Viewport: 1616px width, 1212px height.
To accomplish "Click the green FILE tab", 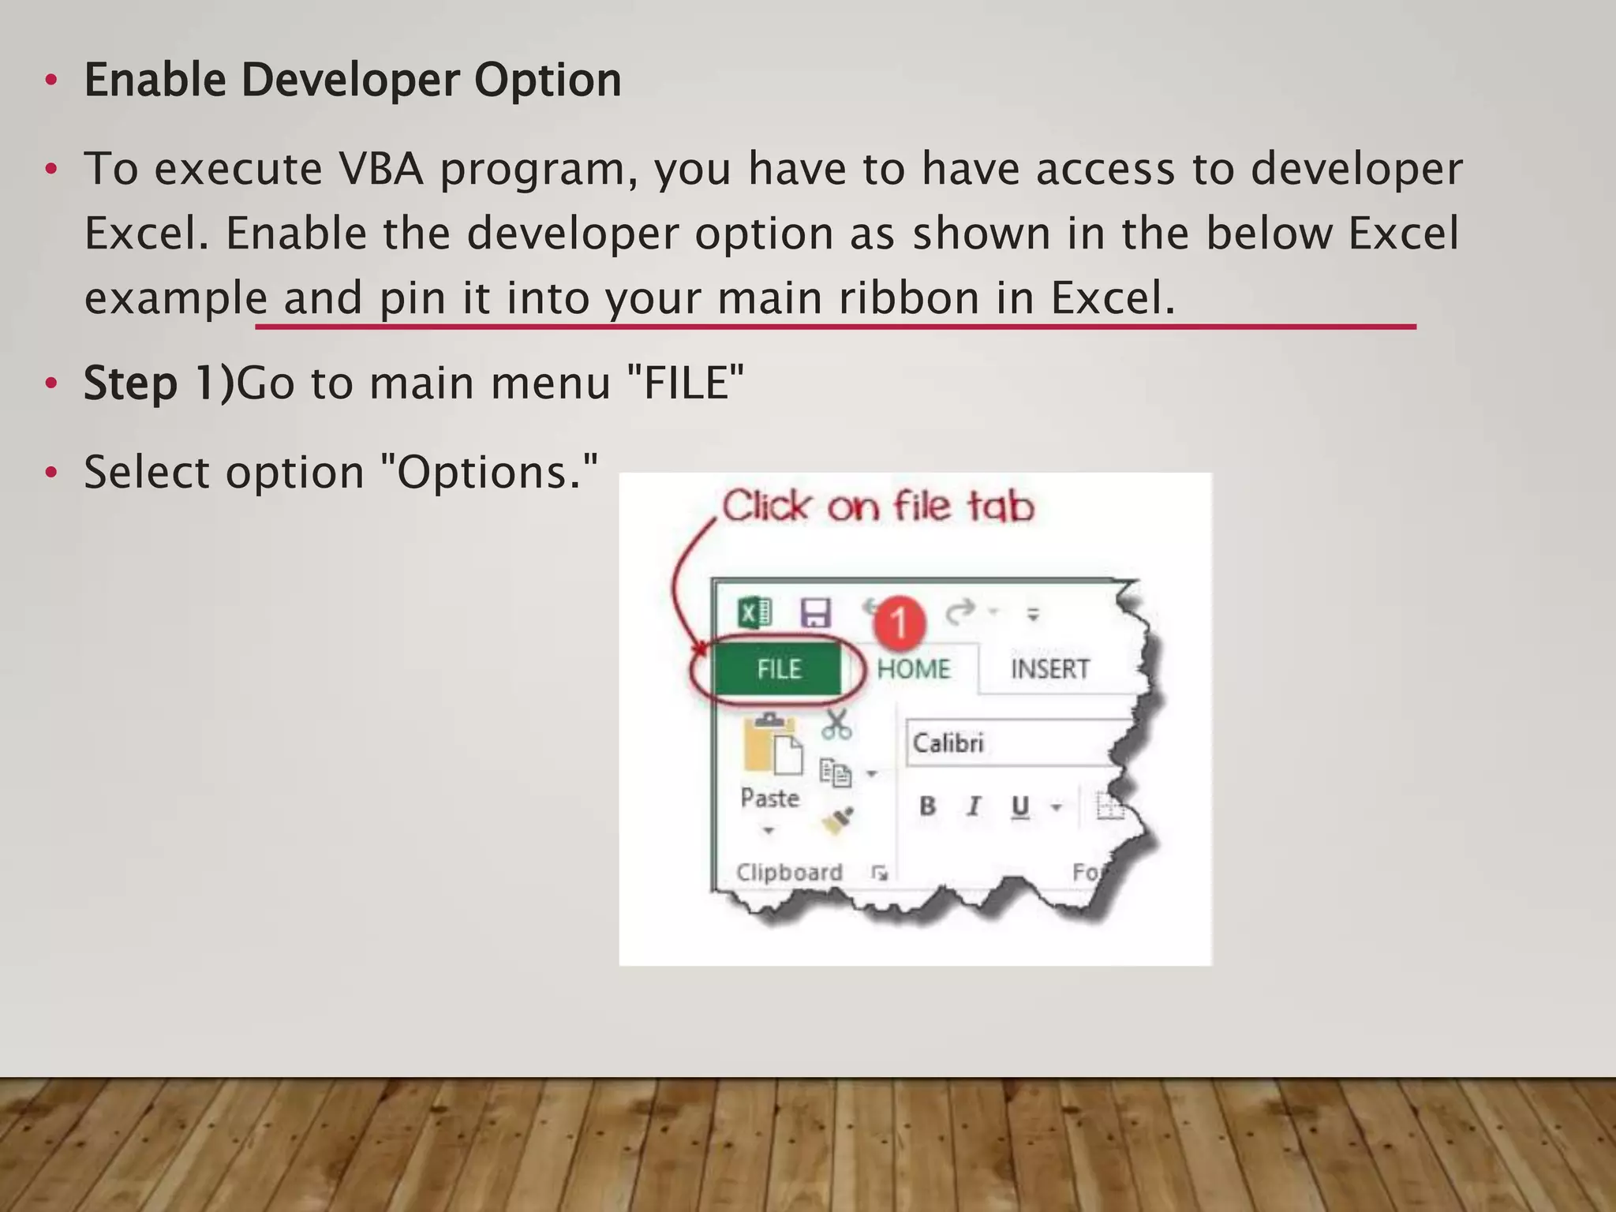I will (x=778, y=669).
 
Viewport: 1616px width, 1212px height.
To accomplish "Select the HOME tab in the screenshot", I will (x=914, y=669).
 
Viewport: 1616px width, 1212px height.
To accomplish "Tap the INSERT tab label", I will (x=1049, y=669).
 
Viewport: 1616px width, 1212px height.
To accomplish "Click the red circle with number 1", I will (x=899, y=623).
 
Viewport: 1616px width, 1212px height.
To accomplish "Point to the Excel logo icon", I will (x=754, y=612).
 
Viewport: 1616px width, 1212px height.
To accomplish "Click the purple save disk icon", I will (x=815, y=612).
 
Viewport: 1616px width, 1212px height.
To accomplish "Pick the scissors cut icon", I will (x=836, y=724).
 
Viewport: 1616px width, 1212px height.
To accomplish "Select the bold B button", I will (x=928, y=806).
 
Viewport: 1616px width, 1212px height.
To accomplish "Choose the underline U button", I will (x=1020, y=806).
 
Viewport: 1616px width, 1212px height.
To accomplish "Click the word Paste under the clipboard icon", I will (x=769, y=799).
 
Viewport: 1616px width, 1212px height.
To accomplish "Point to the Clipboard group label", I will (x=789, y=872).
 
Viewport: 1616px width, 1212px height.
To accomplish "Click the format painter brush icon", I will (x=837, y=821).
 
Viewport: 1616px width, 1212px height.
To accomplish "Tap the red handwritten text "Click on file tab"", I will (x=877, y=506).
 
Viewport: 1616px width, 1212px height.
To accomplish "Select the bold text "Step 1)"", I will (x=159, y=383).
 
